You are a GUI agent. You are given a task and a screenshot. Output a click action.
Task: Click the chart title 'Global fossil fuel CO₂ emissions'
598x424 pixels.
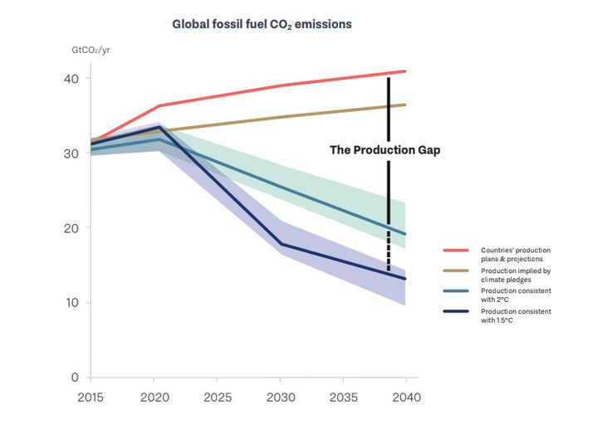click(x=262, y=24)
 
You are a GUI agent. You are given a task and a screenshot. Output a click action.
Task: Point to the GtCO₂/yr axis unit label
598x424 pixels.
click(x=92, y=51)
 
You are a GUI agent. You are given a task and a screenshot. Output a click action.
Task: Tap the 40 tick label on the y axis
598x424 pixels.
click(x=71, y=79)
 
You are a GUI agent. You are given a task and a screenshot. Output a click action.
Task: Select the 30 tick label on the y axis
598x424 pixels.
click(x=71, y=154)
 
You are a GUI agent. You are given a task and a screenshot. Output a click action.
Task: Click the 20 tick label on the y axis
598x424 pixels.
click(x=71, y=228)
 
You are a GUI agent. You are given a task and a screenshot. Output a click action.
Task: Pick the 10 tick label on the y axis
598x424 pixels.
click(x=71, y=303)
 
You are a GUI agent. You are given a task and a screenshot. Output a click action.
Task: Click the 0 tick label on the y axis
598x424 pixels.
click(x=76, y=378)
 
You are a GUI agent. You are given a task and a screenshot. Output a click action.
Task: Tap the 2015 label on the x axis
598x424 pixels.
click(x=91, y=397)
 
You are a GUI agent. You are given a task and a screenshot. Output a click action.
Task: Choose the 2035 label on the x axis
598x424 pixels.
click(x=343, y=397)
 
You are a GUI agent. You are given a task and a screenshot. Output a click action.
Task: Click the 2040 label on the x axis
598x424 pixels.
click(x=404, y=397)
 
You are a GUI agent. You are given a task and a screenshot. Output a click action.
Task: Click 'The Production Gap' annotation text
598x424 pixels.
click(x=385, y=150)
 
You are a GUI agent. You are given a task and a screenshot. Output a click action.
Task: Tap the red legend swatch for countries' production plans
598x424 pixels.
click(x=457, y=250)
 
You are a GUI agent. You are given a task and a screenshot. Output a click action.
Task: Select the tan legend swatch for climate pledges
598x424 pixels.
click(x=457, y=270)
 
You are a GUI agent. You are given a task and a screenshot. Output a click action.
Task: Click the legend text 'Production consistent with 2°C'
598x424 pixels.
click(x=515, y=295)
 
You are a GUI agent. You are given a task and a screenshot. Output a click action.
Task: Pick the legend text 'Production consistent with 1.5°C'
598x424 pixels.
click(x=515, y=315)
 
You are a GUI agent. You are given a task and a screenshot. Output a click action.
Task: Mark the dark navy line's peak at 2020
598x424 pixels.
click(x=159, y=128)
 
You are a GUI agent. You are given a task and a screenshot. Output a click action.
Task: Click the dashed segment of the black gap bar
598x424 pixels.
click(x=388, y=253)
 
